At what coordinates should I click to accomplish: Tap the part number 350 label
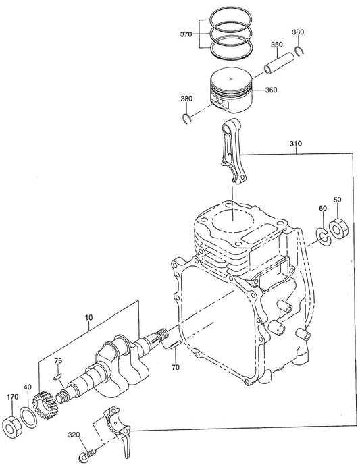click(x=277, y=45)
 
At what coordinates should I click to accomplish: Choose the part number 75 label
click(x=58, y=360)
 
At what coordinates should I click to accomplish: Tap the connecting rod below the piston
click(x=232, y=149)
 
